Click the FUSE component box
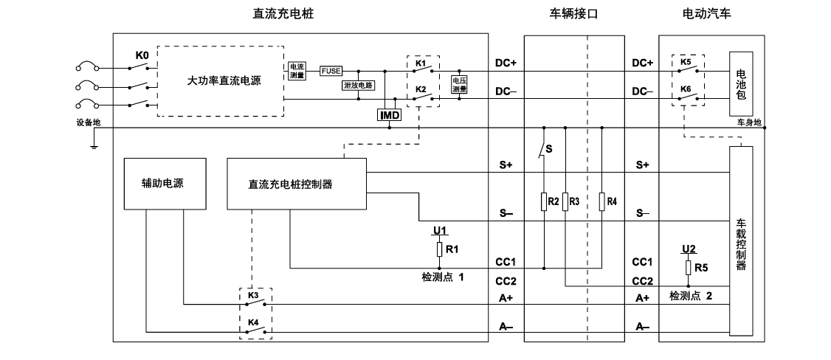click(x=331, y=71)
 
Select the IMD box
click(x=389, y=116)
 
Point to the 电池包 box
click(x=741, y=83)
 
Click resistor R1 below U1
click(x=439, y=249)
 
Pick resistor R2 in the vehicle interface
click(x=544, y=201)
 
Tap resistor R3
click(x=565, y=201)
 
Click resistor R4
click(x=602, y=201)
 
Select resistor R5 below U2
click(x=688, y=267)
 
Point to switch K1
click(x=422, y=71)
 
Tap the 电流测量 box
click(x=297, y=71)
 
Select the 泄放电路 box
click(x=358, y=85)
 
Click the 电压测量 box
click(x=459, y=85)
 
